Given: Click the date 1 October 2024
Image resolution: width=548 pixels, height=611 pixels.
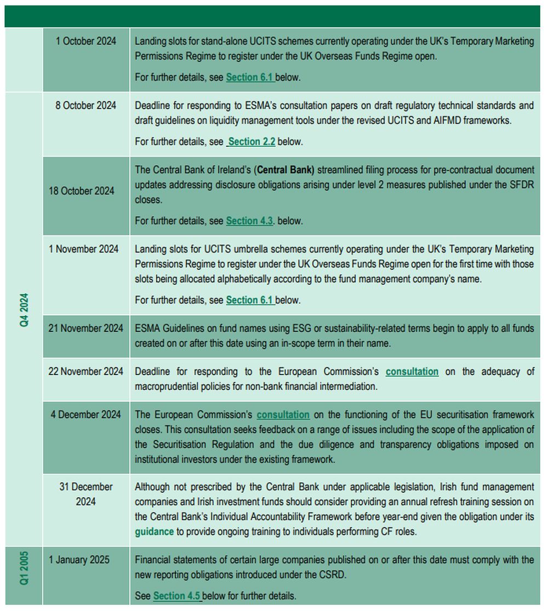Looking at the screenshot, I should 85,41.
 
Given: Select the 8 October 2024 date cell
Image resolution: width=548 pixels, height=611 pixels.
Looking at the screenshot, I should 85,105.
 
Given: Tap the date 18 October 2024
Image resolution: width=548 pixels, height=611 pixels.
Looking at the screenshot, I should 82,191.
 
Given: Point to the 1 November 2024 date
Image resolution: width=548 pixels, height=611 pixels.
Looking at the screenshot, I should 83,249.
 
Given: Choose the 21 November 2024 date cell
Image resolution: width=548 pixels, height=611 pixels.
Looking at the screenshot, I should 85,328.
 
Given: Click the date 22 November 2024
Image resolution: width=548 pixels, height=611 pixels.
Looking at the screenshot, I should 85,372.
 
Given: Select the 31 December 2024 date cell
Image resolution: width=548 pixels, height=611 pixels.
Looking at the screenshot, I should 85,494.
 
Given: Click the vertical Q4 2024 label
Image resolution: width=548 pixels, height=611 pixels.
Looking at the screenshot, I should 24,310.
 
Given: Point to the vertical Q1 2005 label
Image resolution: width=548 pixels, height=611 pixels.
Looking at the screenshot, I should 24,568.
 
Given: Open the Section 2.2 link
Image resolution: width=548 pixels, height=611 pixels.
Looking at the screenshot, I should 252,141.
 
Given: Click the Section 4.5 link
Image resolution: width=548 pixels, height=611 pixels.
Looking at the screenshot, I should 176,596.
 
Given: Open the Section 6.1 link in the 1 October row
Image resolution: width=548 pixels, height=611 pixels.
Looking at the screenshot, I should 249,77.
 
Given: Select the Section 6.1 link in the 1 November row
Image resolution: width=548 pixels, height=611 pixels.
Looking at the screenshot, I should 249,300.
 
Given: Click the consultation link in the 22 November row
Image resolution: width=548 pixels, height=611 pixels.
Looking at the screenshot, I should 412,372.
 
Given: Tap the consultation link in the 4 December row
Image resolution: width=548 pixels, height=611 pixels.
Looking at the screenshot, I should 283,414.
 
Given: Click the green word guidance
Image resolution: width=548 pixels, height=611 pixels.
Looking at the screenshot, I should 155,531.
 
